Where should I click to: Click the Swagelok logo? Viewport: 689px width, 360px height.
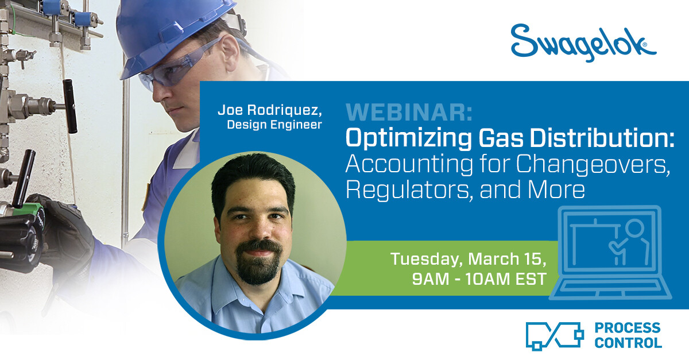(x=583, y=43)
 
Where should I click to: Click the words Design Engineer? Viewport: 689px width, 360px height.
(x=274, y=125)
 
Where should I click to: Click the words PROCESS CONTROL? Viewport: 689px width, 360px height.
(x=628, y=335)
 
